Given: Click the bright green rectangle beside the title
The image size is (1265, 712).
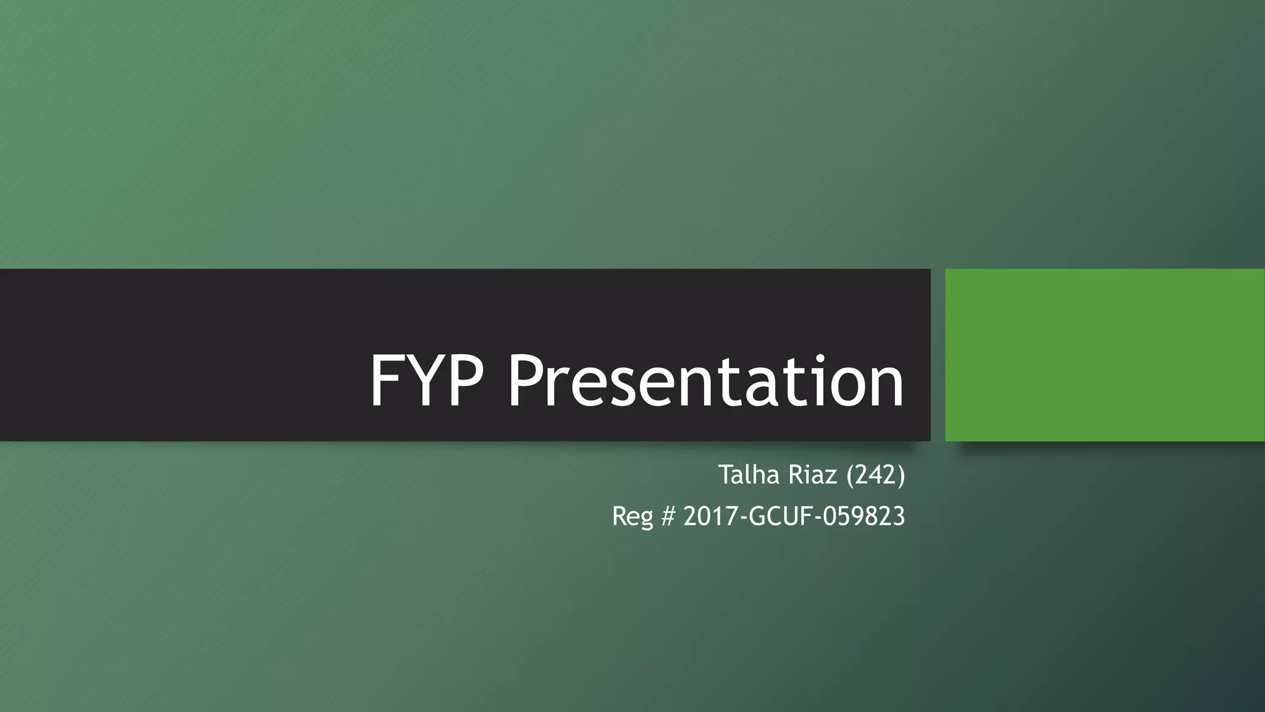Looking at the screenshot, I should (1104, 355).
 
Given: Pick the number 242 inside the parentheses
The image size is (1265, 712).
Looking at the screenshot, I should (876, 475).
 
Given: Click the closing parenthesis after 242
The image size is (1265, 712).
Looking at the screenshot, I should (901, 475).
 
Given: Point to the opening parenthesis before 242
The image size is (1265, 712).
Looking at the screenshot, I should (851, 475).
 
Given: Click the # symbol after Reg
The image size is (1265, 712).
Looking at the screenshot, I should (668, 516).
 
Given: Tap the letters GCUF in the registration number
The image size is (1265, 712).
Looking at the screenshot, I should (779, 516).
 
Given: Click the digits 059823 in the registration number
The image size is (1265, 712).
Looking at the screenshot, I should (864, 516).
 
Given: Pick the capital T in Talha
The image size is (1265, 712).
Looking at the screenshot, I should (725, 475).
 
